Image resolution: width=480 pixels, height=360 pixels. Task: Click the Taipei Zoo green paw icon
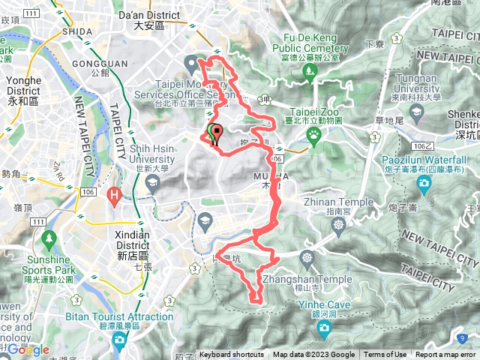[x=313, y=135]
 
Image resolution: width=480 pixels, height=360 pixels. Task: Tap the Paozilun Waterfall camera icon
[x=424, y=184]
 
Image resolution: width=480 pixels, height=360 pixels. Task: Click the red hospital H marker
[x=115, y=196]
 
